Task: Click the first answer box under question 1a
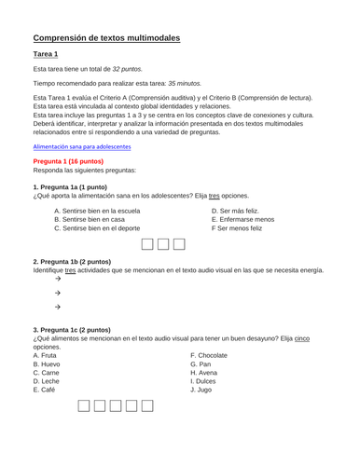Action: [x=148, y=246]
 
